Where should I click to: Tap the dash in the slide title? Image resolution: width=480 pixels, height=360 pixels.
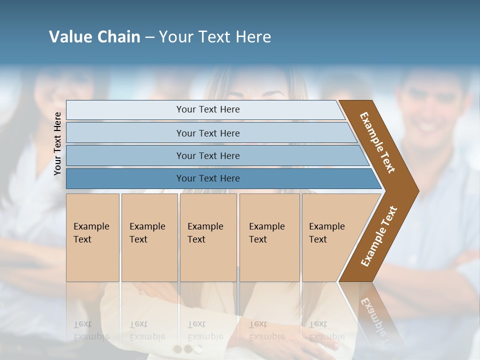click(149, 37)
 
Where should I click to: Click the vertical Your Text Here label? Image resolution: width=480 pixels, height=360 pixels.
click(57, 143)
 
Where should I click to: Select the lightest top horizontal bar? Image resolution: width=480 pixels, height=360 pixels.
click(207, 109)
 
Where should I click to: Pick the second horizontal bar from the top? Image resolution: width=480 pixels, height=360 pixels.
click(207, 133)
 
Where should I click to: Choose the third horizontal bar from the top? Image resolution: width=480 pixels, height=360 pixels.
click(207, 155)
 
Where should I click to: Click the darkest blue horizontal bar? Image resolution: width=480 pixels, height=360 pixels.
click(207, 178)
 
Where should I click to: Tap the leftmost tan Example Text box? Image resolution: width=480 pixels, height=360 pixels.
click(92, 237)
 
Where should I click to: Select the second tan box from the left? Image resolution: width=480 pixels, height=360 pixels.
click(149, 237)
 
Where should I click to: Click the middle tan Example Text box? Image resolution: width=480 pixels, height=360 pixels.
click(208, 237)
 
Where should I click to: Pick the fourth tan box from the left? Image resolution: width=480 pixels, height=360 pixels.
click(269, 237)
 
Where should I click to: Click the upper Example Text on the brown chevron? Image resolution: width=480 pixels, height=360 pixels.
click(377, 142)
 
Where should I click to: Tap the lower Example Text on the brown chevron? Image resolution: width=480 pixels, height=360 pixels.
click(378, 236)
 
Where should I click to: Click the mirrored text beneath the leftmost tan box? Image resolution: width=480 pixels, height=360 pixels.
click(91, 330)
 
